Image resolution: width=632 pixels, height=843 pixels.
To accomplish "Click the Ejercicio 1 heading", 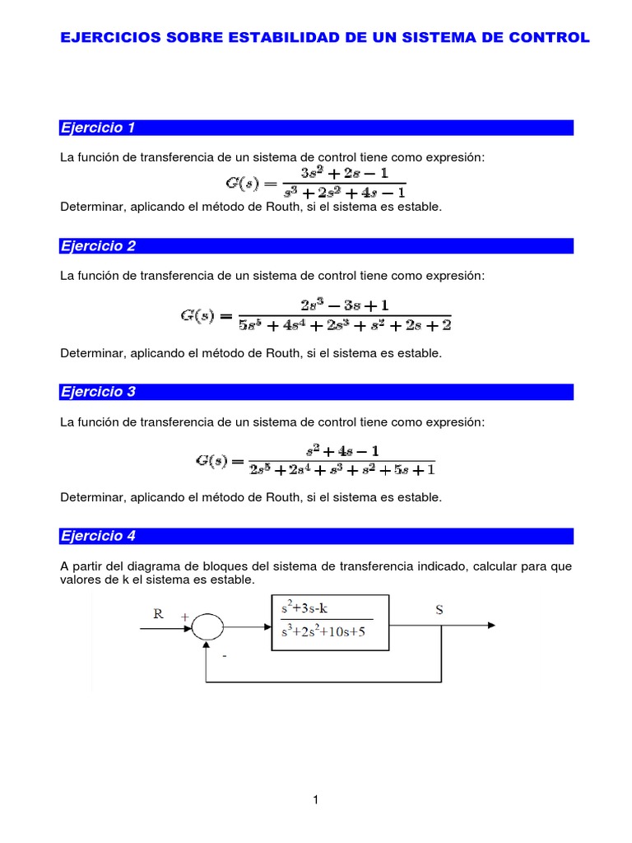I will pos(98,128).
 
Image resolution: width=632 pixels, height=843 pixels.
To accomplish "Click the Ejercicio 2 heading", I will pos(98,246).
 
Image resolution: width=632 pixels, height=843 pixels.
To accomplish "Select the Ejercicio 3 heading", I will pos(98,392).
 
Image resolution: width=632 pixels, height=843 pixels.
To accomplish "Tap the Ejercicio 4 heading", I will pos(98,536).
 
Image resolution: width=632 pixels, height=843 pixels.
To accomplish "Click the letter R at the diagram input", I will pos(159,613).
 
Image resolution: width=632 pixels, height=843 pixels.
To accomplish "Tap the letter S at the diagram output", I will pos(439,610).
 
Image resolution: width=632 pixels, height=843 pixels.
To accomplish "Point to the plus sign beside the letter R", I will pos(184,615).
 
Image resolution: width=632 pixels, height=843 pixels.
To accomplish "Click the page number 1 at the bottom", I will pos(315,800).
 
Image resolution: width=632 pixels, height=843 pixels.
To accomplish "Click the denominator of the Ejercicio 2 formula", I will pos(344,324).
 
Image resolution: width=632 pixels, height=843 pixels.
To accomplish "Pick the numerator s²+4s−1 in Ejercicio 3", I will pos(342,451).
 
